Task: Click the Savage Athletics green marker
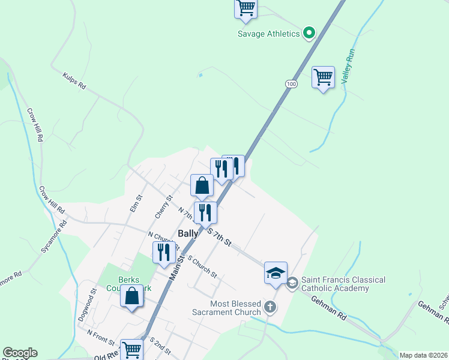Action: [310, 33]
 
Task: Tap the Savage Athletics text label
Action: [268, 34]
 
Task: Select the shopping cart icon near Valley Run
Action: [323, 77]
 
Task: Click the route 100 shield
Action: [291, 84]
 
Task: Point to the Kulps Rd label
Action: [74, 81]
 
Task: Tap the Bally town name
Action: [187, 233]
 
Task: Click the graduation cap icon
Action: [276, 273]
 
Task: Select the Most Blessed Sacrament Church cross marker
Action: [271, 308]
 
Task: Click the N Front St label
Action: [100, 337]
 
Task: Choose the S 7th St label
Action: [219, 236]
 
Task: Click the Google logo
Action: [19, 353]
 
